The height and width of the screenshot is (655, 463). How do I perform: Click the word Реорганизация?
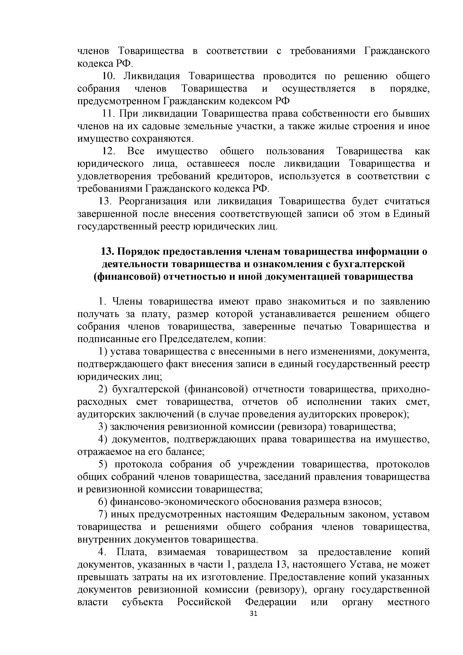pos(152,202)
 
